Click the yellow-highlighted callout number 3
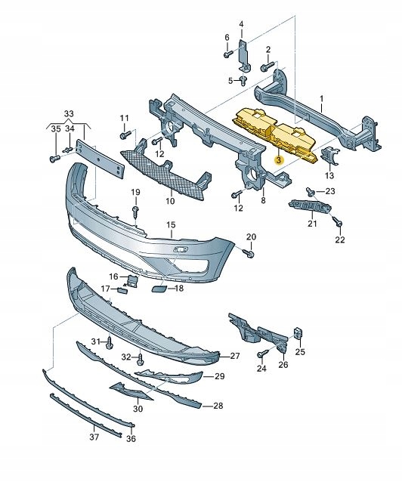coord(278,160)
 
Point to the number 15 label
coord(171,224)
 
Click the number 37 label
coord(94,437)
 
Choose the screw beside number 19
coord(135,211)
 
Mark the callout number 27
coord(234,355)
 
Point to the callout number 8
coord(263,201)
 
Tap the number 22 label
coord(340,240)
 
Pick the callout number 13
coord(329,175)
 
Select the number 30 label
coord(138,409)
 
